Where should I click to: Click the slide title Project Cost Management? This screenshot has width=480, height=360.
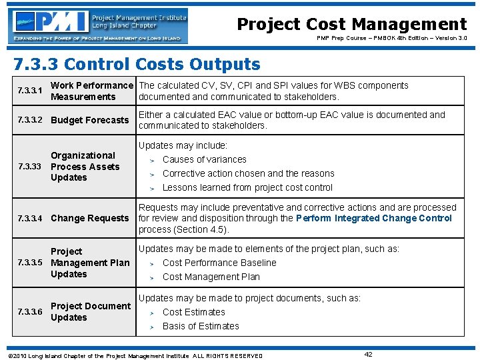point(352,24)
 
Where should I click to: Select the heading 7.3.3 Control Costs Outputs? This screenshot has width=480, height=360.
point(137,64)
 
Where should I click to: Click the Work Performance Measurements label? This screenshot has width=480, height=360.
point(92,91)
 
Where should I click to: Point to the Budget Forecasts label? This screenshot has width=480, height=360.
point(89,120)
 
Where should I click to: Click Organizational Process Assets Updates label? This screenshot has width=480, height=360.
point(85,167)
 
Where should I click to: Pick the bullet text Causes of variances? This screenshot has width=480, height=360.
point(204,159)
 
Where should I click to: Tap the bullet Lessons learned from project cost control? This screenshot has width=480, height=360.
point(247,187)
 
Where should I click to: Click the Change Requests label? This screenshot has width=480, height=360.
point(89,218)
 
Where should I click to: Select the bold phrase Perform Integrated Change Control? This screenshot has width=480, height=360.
point(373,218)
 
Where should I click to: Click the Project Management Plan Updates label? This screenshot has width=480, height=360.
point(89,263)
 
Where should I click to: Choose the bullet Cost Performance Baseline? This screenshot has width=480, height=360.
point(219,263)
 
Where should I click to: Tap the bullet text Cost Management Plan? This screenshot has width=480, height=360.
point(211,277)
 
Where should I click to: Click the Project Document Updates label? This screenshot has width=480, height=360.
point(90,311)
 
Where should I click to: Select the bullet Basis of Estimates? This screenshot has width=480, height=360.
point(201,326)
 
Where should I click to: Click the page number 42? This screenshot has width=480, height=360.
point(369,354)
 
